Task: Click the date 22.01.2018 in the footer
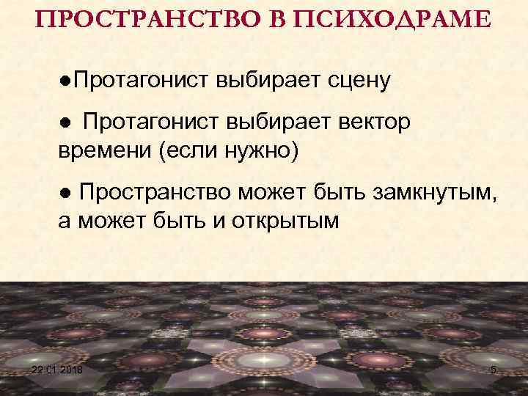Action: (58, 370)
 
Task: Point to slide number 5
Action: (493, 370)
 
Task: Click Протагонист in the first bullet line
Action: (139, 77)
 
